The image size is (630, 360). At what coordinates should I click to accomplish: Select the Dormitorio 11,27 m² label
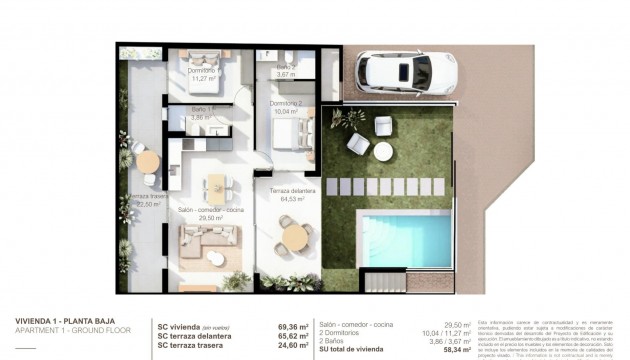[x=205, y=72]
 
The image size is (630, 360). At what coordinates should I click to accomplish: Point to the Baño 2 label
[x=285, y=71]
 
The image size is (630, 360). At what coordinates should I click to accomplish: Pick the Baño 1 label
[x=204, y=113]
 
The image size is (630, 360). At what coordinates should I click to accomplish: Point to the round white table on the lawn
[x=383, y=152]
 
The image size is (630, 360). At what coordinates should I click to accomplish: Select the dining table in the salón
[x=216, y=186]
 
